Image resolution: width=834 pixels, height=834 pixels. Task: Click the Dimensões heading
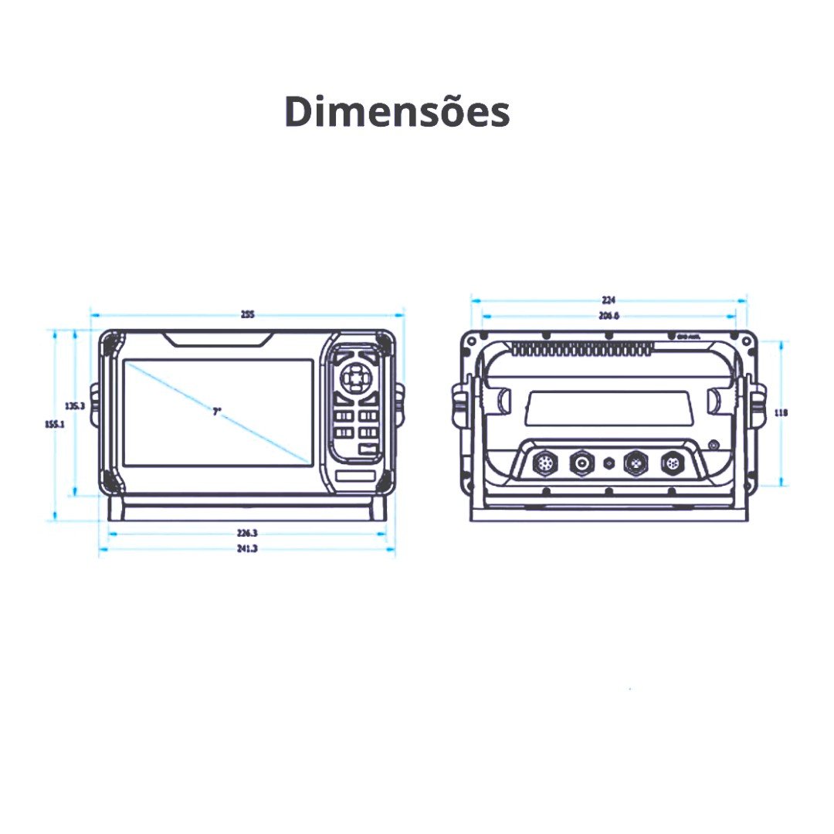coord(397,112)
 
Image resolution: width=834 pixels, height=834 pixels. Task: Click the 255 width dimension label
coord(247,314)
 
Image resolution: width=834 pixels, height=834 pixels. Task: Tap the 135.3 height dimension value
coord(75,405)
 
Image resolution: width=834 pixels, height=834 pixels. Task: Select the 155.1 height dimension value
coord(54,424)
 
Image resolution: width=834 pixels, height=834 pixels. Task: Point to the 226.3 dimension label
coord(247,533)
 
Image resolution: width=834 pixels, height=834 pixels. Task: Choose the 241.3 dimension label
coord(247,548)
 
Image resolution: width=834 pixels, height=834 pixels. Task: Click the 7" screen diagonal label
coord(217,412)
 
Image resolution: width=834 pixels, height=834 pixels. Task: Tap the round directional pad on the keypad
coord(354,379)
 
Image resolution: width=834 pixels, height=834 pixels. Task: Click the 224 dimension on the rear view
coord(609,300)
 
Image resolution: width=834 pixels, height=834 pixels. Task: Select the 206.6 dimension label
coord(609,316)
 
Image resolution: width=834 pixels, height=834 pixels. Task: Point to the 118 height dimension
coord(781,413)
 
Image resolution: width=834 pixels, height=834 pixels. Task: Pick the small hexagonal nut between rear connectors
coord(609,463)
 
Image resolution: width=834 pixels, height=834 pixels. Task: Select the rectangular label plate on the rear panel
coord(609,408)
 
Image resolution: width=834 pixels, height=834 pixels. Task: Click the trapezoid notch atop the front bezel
coord(218,339)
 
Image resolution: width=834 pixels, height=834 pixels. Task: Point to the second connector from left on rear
coord(580,464)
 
